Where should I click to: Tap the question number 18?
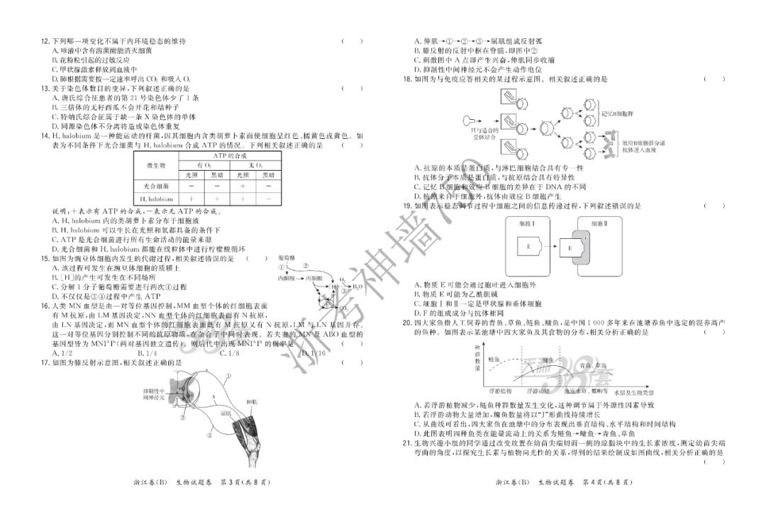click(x=406, y=79)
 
